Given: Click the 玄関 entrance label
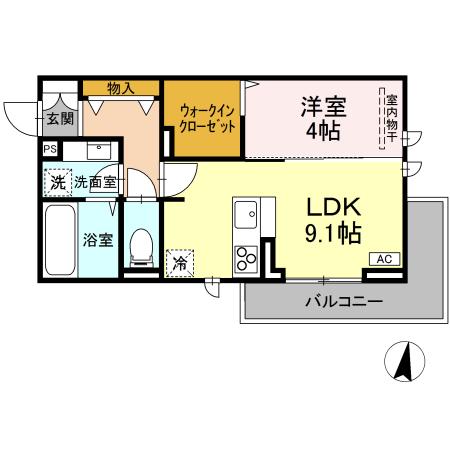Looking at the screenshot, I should coord(59,118).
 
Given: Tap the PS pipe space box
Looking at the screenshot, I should coord(49,149).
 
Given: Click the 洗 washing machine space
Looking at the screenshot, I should coord(58,183).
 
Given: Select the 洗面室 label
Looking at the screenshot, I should coord(96,184).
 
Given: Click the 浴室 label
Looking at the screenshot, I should coord(96,240).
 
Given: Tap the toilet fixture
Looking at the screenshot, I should coord(142,245).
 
